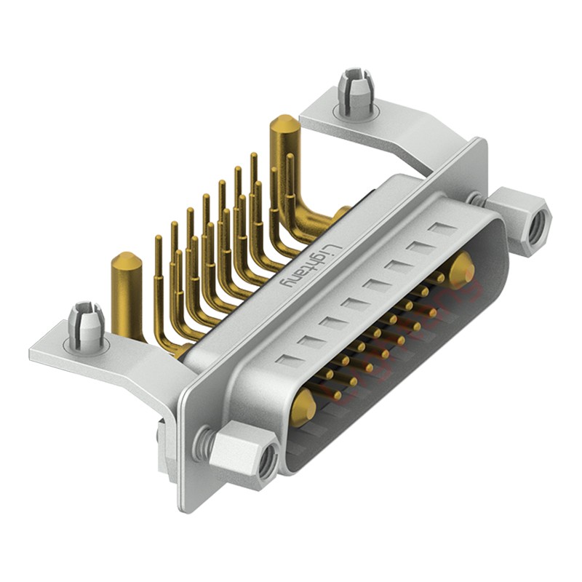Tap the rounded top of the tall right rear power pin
[x=284, y=122]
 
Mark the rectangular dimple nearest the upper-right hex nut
[x=442, y=230]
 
